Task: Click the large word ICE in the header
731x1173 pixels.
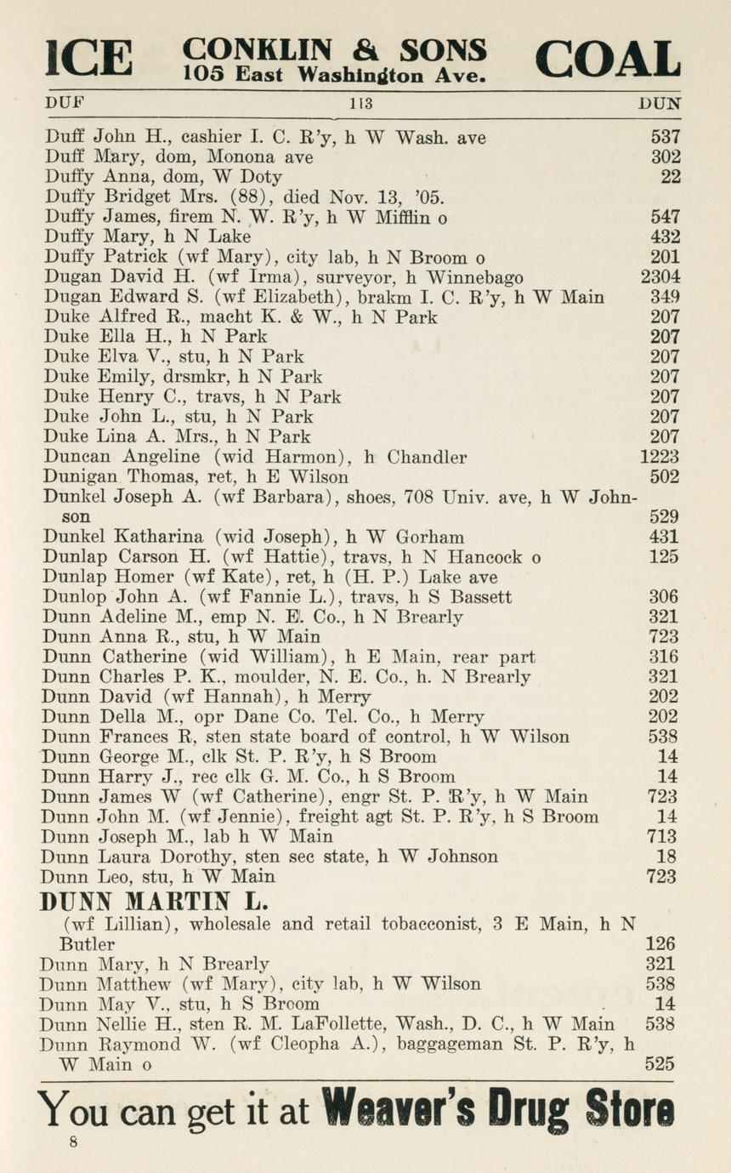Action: [x=92, y=60]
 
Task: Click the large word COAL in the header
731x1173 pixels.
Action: [x=608, y=60]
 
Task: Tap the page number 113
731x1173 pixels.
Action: [x=362, y=104]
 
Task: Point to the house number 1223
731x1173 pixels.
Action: [x=660, y=458]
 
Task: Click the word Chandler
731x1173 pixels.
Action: [x=427, y=458]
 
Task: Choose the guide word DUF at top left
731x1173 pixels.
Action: [x=65, y=104]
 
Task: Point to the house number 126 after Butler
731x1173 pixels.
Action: [x=660, y=944]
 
